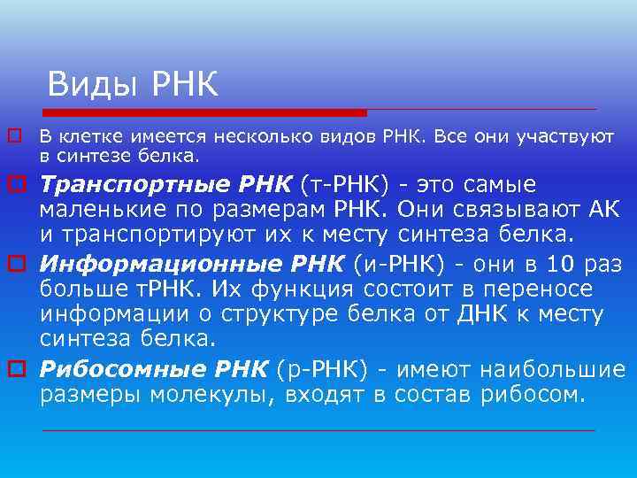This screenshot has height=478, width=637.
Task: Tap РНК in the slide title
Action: pos(185,85)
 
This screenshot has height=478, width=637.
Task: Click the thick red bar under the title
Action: pos(204,112)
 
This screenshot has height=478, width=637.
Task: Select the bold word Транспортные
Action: pos(127,186)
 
